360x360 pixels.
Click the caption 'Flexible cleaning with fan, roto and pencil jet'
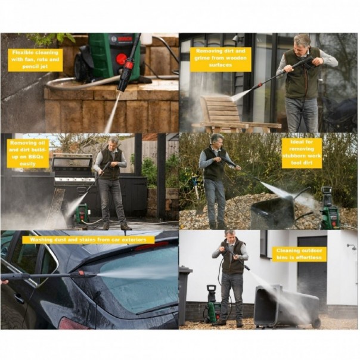click(35, 60)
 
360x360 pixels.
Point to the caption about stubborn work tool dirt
click(301, 153)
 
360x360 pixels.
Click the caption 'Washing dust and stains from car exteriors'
click(88, 240)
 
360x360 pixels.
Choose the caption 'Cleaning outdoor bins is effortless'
click(299, 254)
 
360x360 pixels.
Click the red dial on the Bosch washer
click(121, 59)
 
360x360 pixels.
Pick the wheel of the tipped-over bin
click(316, 322)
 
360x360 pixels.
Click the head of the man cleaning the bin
click(230, 236)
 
